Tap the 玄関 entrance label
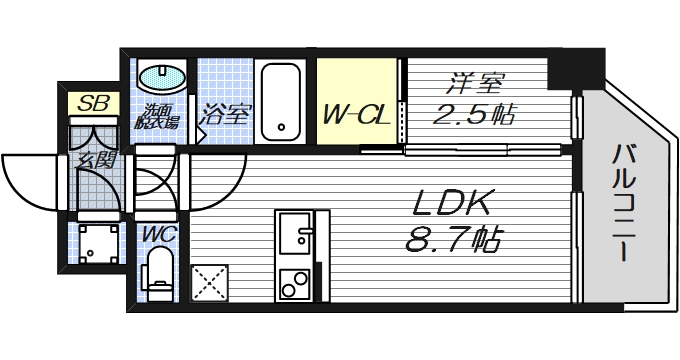click(x=93, y=159)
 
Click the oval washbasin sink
click(x=161, y=78)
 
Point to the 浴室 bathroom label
click(x=224, y=114)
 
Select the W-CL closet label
click(x=355, y=115)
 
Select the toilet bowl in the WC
click(x=158, y=272)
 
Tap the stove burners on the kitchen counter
click(x=294, y=284)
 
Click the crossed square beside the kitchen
click(x=211, y=281)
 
